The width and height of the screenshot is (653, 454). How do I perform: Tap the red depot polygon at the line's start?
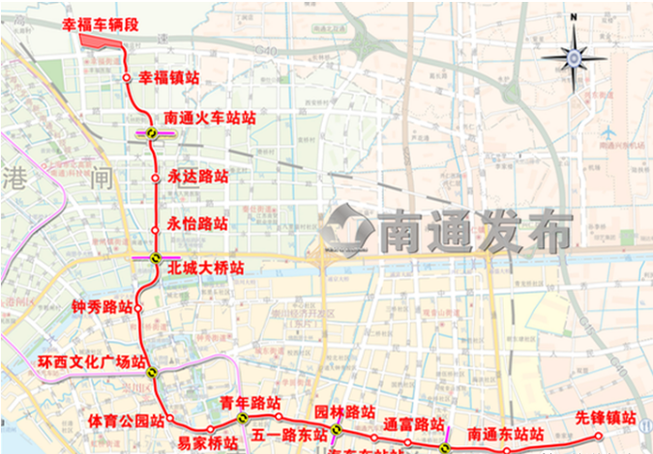pos(100,42)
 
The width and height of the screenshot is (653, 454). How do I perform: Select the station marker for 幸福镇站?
pos(128,76)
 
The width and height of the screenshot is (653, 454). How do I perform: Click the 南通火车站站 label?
pos(210,118)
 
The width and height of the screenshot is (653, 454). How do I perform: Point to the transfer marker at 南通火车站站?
pos(153,134)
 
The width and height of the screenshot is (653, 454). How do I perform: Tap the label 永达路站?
pos(197,177)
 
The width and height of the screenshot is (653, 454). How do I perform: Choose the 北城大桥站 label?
pos(205,267)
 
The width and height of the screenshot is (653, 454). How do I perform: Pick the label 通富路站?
pos(413,424)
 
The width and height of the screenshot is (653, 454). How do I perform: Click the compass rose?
pos(574,58)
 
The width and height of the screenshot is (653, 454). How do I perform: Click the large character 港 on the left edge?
pos(17,178)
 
